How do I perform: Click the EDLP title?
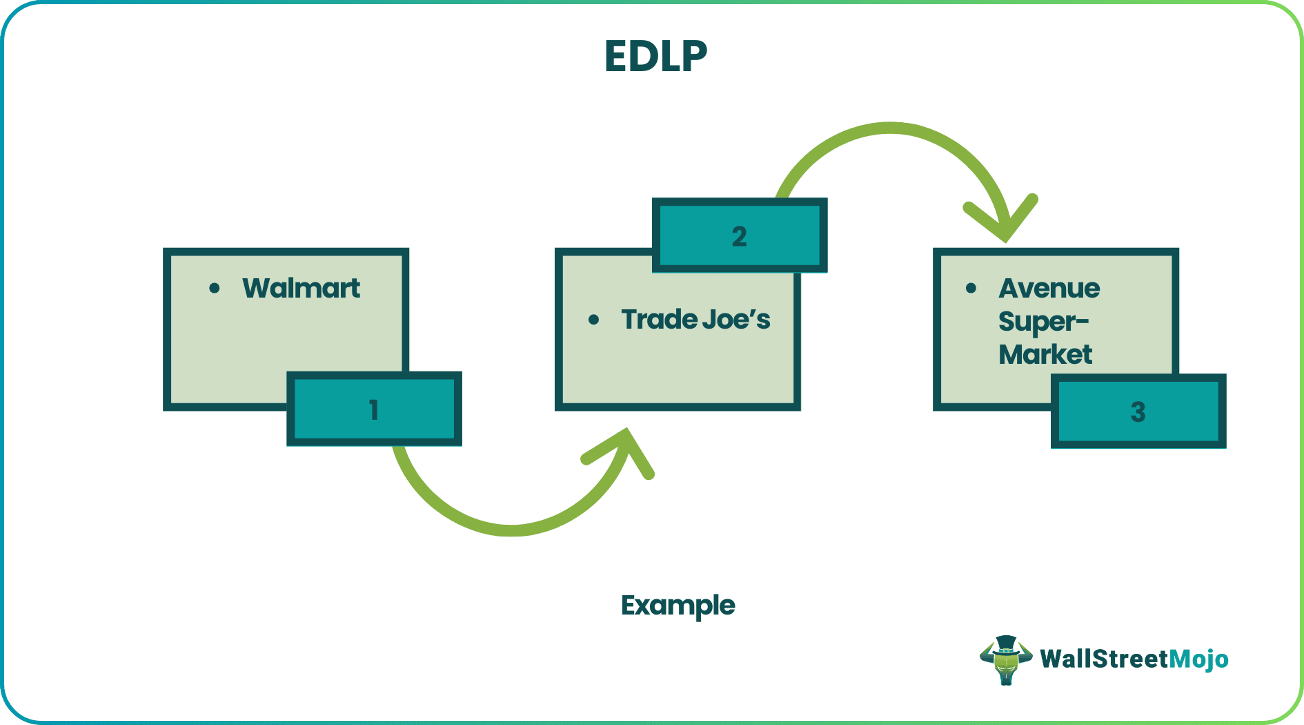point(655,56)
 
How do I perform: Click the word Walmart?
point(301,288)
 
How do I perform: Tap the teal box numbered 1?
point(374,409)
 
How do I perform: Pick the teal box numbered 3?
point(1138,412)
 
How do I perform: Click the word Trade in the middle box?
point(659,319)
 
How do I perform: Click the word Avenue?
point(1049,288)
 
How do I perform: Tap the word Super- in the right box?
point(1043,322)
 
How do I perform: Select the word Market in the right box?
point(1045,355)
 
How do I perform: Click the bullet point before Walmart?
point(215,288)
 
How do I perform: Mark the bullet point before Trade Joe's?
point(593,320)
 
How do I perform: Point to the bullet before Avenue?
point(971,288)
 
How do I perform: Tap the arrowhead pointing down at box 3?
point(1004,221)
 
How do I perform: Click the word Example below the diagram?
point(678,606)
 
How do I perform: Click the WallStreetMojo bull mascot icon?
point(1005,659)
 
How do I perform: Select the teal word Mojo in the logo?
point(1198,659)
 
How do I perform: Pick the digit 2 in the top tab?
point(739,236)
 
